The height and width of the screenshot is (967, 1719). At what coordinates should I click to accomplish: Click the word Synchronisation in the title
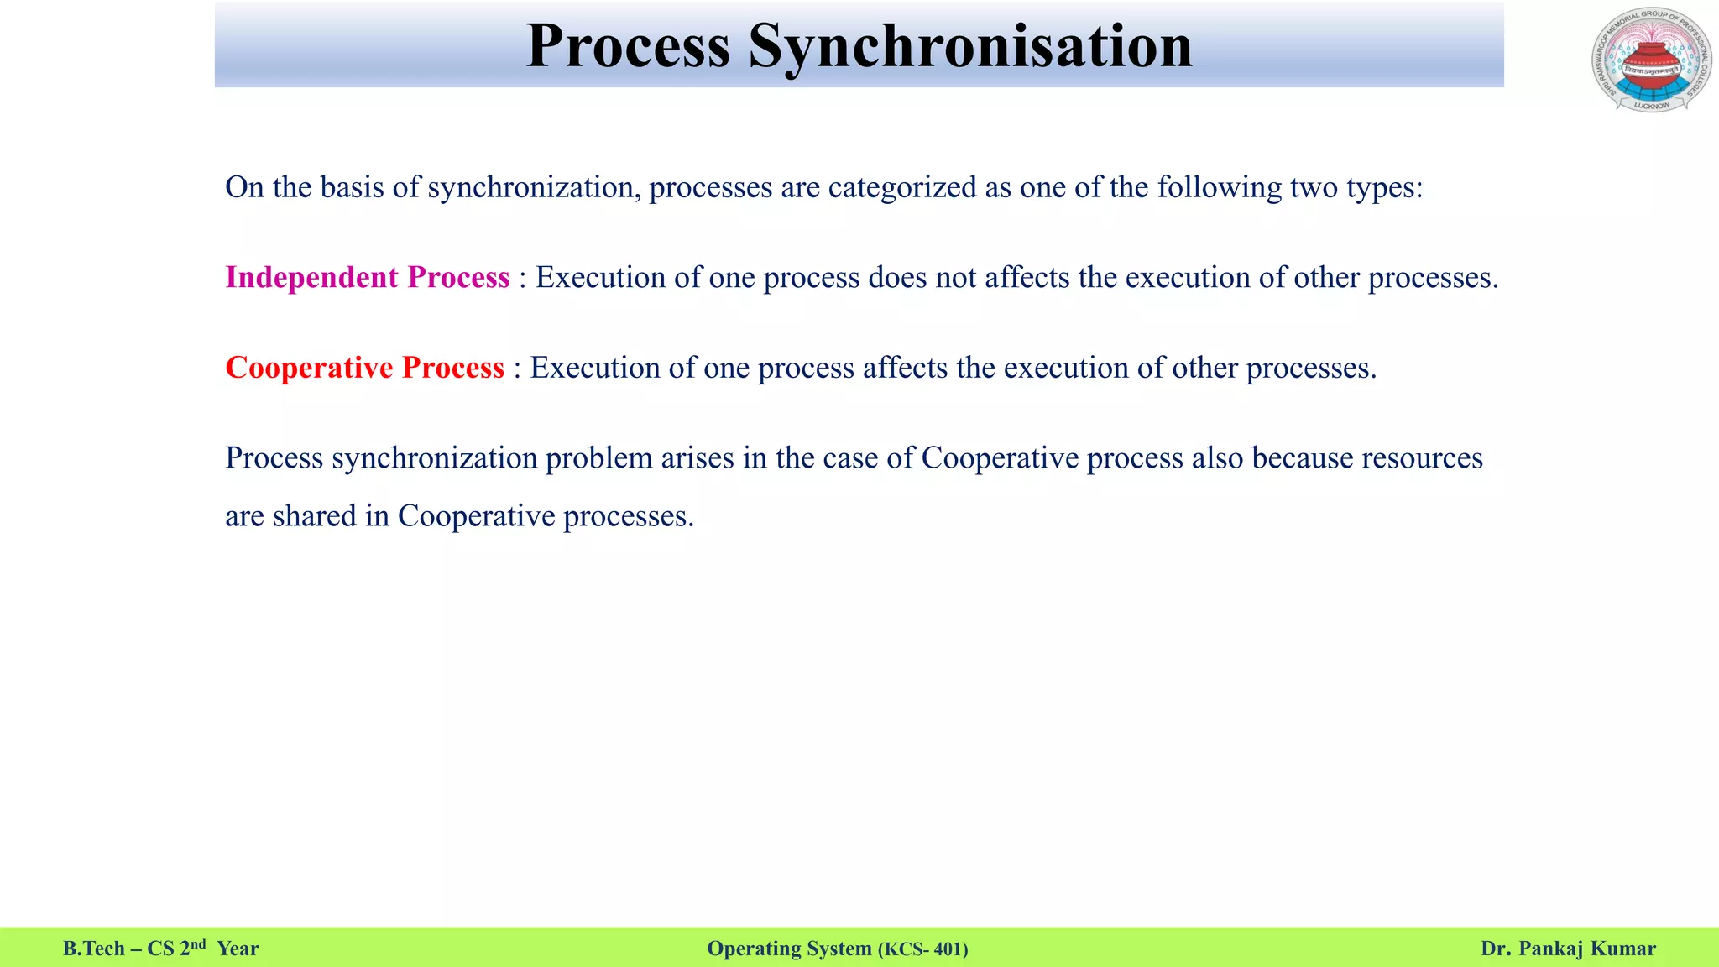969,46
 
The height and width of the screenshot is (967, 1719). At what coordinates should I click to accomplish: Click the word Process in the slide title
628,46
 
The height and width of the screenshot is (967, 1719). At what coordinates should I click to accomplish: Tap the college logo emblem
1650,60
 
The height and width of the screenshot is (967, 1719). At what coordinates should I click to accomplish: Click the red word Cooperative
309,368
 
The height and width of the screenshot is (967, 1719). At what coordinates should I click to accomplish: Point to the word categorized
902,187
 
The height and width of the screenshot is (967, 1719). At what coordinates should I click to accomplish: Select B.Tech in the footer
93,949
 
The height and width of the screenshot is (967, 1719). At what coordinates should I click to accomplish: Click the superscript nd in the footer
198,944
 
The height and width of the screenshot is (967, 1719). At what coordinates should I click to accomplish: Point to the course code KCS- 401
923,949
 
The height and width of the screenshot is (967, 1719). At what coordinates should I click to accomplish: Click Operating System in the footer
789,949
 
